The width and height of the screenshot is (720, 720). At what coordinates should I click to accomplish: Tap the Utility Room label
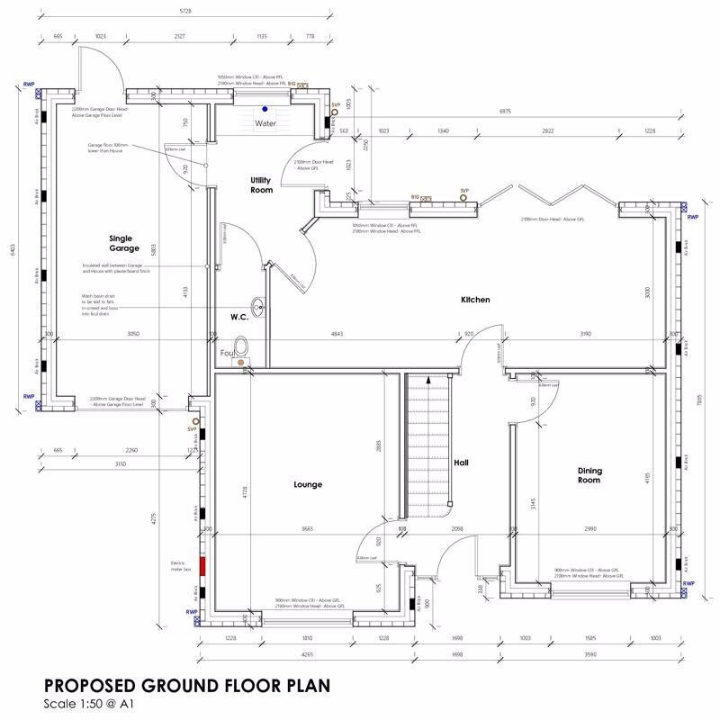(x=261, y=185)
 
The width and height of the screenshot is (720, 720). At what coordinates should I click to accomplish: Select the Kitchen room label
(x=475, y=300)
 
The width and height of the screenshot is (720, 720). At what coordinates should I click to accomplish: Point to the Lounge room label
(x=307, y=484)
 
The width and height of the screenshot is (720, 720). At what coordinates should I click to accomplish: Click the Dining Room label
(x=589, y=475)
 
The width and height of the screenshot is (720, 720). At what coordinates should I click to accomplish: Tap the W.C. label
(x=238, y=317)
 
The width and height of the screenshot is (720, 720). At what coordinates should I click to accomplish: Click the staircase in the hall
(x=427, y=445)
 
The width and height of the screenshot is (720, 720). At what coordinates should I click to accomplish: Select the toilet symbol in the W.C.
(x=240, y=347)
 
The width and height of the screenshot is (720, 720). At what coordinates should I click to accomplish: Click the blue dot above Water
(x=265, y=111)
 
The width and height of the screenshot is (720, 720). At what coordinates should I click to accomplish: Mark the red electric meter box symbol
(x=203, y=567)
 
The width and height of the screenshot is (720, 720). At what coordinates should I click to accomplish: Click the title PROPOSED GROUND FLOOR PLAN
(x=186, y=685)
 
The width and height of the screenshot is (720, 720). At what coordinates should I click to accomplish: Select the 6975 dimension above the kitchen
(x=505, y=111)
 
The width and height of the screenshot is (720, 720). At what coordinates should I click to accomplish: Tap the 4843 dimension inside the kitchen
(x=337, y=334)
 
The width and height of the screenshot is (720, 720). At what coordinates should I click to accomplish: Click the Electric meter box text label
(x=182, y=567)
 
